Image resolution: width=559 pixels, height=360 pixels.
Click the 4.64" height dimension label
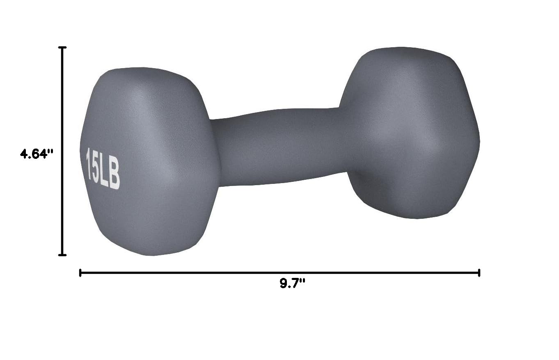(37, 154)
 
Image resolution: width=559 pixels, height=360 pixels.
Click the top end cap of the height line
(62, 47)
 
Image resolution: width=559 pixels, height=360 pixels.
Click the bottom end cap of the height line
(62, 255)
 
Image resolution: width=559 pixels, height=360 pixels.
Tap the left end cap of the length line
(80, 273)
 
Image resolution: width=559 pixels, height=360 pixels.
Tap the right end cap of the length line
(479, 273)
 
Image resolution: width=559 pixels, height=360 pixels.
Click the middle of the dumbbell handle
(279, 147)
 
